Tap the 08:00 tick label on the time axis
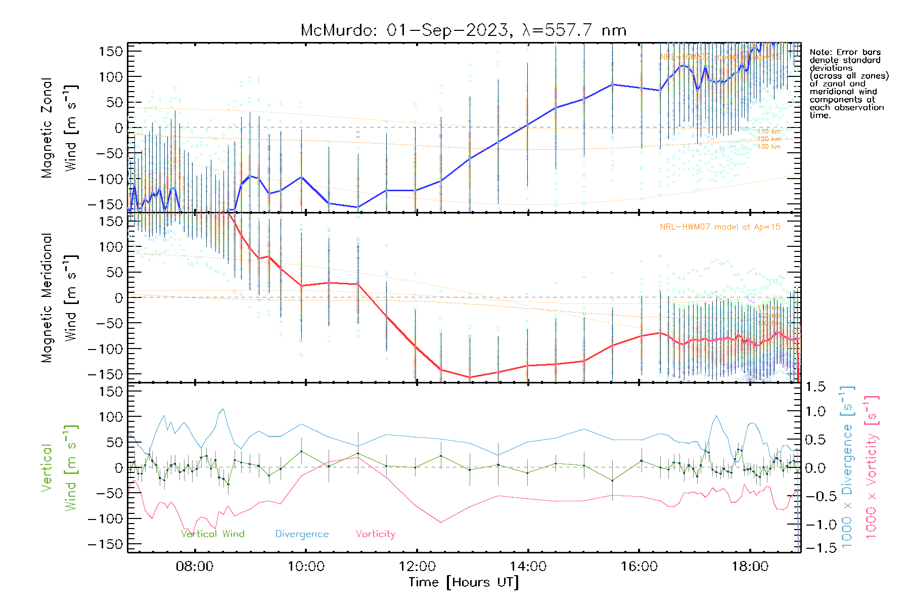(x=195, y=567)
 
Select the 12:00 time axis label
(x=417, y=567)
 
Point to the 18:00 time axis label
(x=750, y=567)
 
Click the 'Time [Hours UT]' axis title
(x=464, y=582)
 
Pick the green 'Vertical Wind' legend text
(x=213, y=534)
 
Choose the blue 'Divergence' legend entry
(x=302, y=534)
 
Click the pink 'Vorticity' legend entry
(x=375, y=534)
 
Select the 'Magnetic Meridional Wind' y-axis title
(x=59, y=298)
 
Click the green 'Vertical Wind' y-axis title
(x=59, y=468)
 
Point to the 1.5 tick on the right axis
(x=815, y=387)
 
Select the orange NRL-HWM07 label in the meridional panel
(x=720, y=227)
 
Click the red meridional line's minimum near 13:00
(x=470, y=377)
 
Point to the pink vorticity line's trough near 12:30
(x=441, y=523)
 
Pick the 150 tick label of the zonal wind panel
(x=111, y=51)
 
